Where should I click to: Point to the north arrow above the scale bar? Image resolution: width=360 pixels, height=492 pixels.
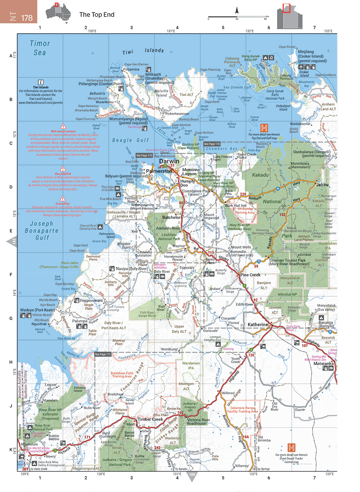coord(237,10)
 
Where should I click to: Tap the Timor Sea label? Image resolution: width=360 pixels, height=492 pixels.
coord(40,47)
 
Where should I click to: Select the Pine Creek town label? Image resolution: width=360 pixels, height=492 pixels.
coord(250,275)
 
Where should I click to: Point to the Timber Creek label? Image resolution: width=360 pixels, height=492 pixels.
coord(151,420)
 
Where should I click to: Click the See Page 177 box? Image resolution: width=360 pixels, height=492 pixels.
coord(103,354)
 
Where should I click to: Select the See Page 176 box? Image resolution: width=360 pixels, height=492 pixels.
coord(223,144)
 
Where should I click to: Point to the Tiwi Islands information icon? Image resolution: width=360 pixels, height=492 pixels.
coord(41,82)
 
